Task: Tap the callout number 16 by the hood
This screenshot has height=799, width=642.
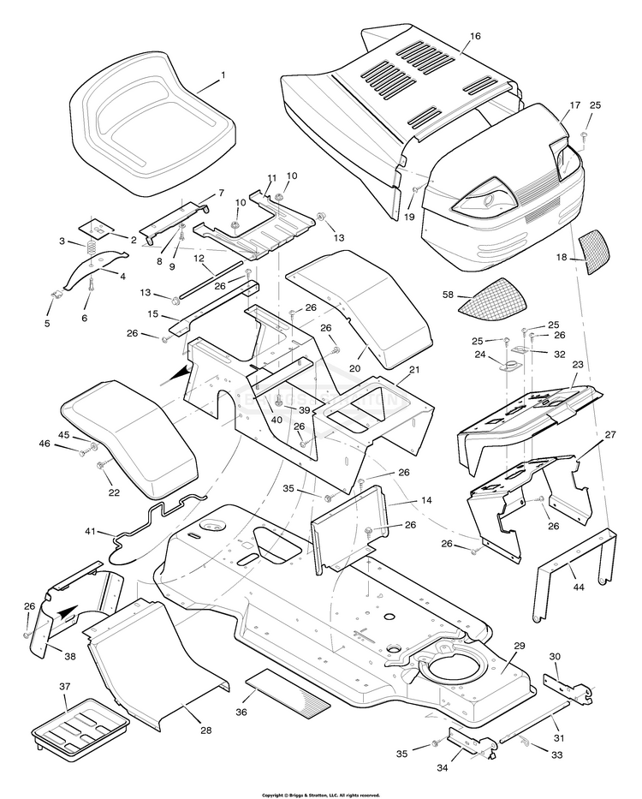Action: coord(476,37)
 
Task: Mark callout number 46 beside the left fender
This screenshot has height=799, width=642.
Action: coord(68,443)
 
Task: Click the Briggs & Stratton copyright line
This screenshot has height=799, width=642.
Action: coord(321,794)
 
